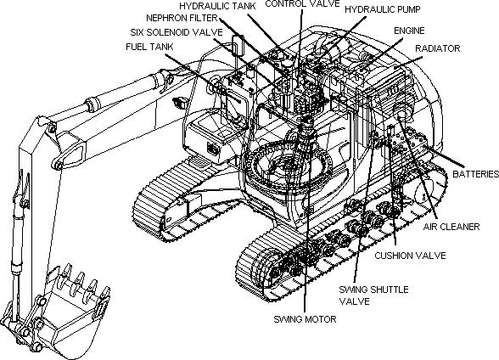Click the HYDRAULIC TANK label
217,6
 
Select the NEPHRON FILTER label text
182,18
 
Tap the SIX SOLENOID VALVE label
177,32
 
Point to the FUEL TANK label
149,47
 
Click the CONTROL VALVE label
302,3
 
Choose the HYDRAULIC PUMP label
383,9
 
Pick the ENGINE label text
409,31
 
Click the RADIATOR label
438,48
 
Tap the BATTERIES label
475,174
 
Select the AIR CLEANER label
451,227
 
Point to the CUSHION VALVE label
410,256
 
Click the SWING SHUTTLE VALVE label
373,295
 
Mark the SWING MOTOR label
305,319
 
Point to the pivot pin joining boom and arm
51,128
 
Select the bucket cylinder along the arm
19,242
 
